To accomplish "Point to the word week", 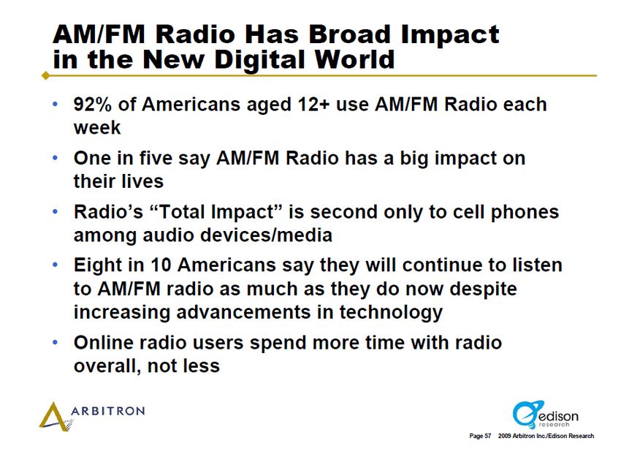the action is tap(97, 128).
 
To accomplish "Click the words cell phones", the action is tap(506, 213).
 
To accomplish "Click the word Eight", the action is tap(98, 265).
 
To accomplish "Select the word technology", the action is tap(391, 313).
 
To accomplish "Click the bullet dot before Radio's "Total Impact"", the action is tap(55, 211).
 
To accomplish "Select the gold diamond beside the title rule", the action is tap(46, 75).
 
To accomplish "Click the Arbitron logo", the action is tap(92, 416).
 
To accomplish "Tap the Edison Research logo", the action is tap(545, 415).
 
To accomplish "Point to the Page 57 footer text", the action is tap(480, 436).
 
